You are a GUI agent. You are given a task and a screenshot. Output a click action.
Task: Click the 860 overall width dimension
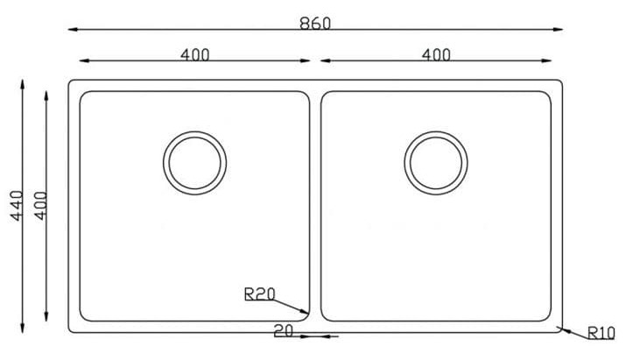click(x=315, y=24)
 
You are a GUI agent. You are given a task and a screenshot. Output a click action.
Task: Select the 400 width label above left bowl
click(x=195, y=54)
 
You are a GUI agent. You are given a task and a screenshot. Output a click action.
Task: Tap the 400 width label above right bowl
click(x=436, y=54)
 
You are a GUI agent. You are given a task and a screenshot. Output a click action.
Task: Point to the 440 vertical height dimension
click(x=12, y=206)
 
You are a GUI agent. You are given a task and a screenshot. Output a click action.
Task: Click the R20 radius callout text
click(x=260, y=295)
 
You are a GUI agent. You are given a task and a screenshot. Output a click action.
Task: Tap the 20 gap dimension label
click(x=283, y=332)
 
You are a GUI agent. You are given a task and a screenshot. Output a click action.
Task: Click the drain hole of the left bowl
click(x=194, y=164)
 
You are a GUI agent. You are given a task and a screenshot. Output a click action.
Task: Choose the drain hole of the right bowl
click(x=436, y=164)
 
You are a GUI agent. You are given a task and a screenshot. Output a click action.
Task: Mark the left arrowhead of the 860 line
click(x=71, y=31)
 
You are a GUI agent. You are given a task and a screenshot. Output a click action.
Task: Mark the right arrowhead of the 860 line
click(x=561, y=31)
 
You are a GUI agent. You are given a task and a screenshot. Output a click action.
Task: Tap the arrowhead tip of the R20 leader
click(x=308, y=313)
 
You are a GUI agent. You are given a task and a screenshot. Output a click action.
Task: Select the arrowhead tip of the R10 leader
click(x=560, y=328)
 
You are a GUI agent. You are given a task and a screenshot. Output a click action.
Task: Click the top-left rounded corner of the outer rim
click(x=72, y=84)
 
